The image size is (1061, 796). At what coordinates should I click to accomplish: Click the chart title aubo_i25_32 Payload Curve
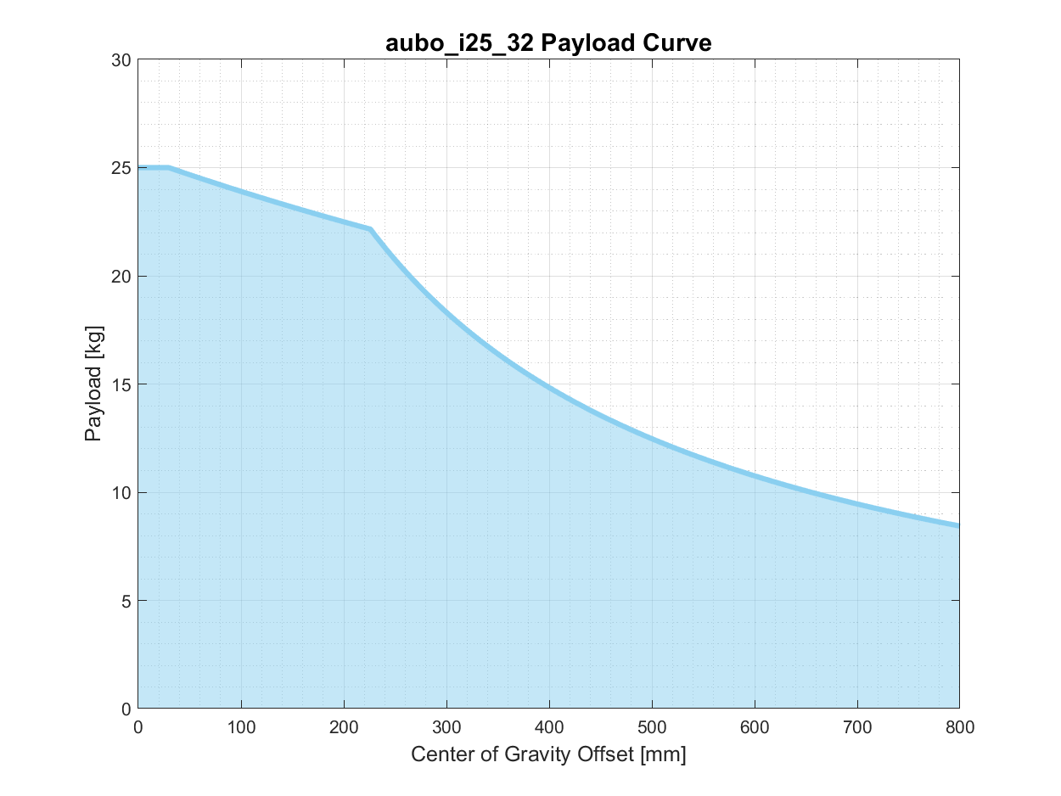547,42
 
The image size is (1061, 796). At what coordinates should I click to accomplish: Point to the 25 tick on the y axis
121,168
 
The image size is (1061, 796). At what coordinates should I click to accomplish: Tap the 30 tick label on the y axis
121,60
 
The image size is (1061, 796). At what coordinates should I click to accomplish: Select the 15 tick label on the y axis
121,384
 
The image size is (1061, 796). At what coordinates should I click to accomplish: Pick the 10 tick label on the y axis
121,492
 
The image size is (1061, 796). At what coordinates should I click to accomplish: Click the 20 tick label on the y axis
121,277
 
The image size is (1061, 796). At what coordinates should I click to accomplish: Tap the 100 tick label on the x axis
241,727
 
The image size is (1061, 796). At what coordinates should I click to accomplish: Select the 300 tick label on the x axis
446,727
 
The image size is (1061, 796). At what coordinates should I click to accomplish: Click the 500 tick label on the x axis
652,727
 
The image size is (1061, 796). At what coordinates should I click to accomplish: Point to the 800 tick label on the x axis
959,727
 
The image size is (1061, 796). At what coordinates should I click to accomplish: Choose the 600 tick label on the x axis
755,727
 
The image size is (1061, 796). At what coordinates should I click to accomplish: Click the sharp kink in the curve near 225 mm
370,229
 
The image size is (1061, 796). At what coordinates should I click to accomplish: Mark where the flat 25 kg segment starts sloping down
169,167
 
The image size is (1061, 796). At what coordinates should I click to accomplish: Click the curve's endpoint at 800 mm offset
958,525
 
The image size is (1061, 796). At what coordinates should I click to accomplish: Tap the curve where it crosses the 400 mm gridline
549,388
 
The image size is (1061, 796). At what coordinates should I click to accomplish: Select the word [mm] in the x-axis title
664,754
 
